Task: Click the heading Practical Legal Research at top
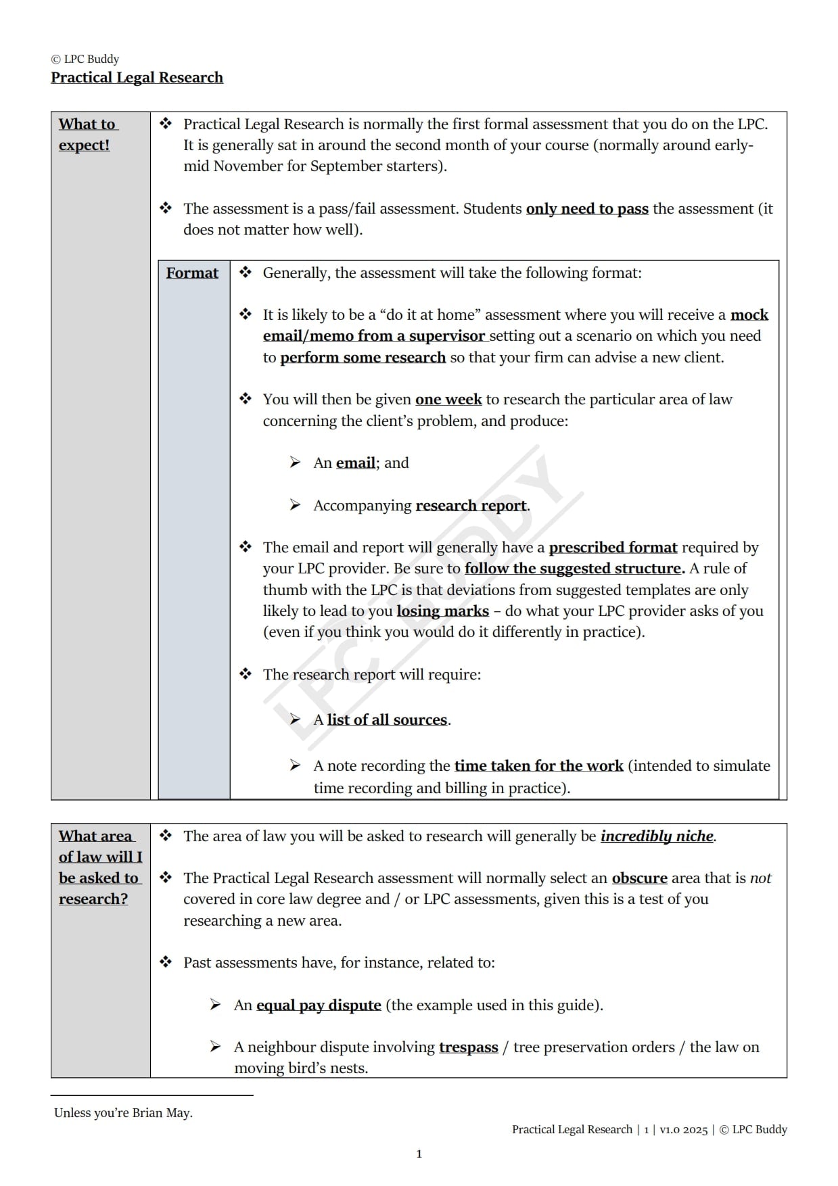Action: [137, 78]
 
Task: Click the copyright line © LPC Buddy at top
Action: [85, 59]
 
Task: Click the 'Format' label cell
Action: [192, 273]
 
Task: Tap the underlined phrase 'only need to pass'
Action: [587, 209]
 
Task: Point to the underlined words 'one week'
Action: [448, 400]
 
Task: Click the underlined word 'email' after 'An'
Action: [355, 463]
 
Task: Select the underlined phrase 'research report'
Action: [471, 506]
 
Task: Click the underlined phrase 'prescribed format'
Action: [613, 548]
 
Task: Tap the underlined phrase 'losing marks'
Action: [442, 611]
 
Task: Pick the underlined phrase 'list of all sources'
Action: [387, 720]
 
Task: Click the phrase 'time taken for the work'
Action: [538, 766]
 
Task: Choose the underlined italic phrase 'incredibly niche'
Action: [657, 836]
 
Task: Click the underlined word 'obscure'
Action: [639, 878]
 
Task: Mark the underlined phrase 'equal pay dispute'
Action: [319, 1005]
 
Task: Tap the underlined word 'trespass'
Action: [468, 1047]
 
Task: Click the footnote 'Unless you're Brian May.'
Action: [123, 1113]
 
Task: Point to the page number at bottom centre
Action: [419, 1154]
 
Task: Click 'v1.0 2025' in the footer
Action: [684, 1129]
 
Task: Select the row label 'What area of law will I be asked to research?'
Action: [100, 868]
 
